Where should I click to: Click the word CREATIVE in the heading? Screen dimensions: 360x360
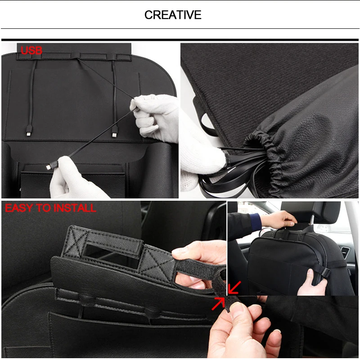(173, 15)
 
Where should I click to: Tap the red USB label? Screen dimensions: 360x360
(31, 50)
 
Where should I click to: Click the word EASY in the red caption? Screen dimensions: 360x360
(19, 208)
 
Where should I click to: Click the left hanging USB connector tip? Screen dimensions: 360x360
(28, 133)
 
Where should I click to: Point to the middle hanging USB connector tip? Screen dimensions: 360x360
(114, 135)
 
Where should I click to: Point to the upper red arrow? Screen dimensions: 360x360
(234, 287)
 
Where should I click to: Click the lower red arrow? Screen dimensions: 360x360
(218, 303)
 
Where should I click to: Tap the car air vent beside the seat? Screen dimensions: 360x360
(344, 252)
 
